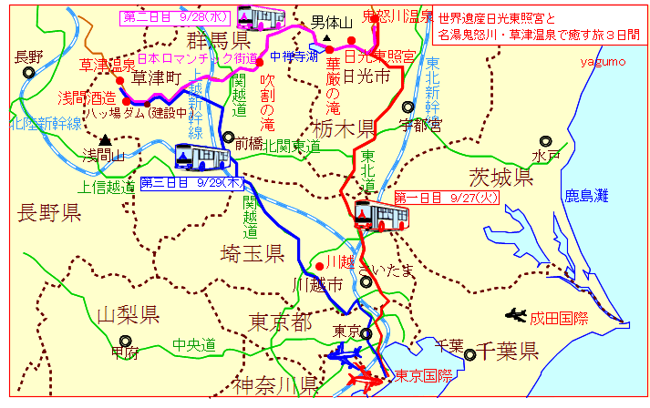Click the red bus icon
click(x=381, y=216)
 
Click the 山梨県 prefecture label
click(x=128, y=315)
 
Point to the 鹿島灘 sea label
click(x=585, y=195)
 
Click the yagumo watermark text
click(x=603, y=61)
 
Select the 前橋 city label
click(x=249, y=144)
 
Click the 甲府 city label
click(x=124, y=352)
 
